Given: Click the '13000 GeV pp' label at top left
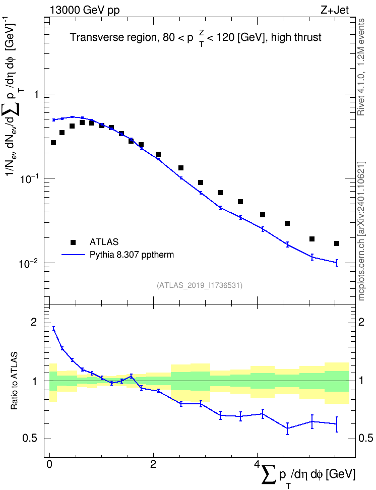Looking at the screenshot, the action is pyautogui.click(x=84, y=10).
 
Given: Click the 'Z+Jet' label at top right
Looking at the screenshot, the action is pyautogui.click(x=335, y=10).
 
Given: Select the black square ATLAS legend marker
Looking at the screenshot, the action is pyautogui.click(x=73, y=242).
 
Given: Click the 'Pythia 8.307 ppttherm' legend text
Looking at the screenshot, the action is pyautogui.click(x=132, y=255).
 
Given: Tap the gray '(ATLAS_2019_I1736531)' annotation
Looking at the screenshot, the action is pyautogui.click(x=200, y=285).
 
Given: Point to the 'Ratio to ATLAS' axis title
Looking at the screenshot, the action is pyautogui.click(x=14, y=381).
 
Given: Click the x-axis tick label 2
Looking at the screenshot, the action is pyautogui.click(x=153, y=464).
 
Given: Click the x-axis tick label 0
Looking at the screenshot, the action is pyautogui.click(x=49, y=464).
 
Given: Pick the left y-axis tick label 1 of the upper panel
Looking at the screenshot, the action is pyautogui.click(x=36, y=94).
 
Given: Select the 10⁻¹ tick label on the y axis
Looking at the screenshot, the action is pyautogui.click(x=29, y=178).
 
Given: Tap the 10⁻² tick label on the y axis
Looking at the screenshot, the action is pyautogui.click(x=29, y=263).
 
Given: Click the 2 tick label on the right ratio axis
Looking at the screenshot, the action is pyautogui.click(x=361, y=322).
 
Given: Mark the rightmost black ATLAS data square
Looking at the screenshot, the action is pyautogui.click(x=337, y=243).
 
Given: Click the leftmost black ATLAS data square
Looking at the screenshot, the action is pyautogui.click(x=53, y=143).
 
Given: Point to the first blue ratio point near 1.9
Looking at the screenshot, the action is pyautogui.click(x=54, y=329).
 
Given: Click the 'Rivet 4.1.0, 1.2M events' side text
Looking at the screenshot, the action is pyautogui.click(x=361, y=67).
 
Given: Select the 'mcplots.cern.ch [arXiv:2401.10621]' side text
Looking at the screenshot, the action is pyautogui.click(x=361, y=231).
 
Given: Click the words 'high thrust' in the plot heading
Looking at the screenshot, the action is pyautogui.click(x=296, y=37).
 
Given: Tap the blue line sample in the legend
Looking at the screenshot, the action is pyautogui.click(x=74, y=255).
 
